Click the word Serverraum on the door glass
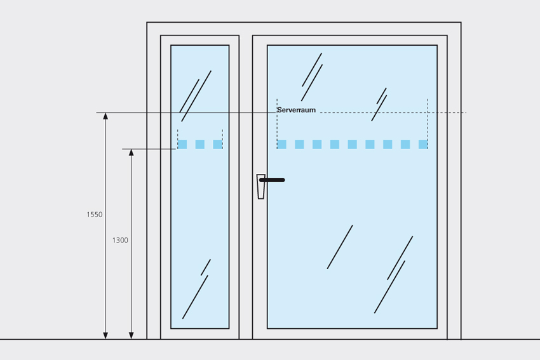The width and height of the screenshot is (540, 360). [x=296, y=110]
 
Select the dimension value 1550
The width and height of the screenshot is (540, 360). [x=95, y=215]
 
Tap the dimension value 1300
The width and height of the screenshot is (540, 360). [x=120, y=240]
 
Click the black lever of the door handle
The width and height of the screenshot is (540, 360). [x=273, y=180]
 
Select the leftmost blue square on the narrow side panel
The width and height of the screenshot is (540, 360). [x=182, y=144]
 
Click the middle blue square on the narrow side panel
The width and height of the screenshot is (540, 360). [x=199, y=144]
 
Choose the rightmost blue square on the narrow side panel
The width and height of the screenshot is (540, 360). [x=217, y=144]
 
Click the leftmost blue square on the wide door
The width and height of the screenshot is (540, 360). [x=282, y=144]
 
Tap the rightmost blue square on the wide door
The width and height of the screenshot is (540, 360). [x=423, y=144]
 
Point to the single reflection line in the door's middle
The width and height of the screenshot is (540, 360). [x=340, y=247]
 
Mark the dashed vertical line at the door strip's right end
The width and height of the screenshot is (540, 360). [x=428, y=124]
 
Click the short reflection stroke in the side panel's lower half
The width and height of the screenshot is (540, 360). [x=206, y=267]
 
